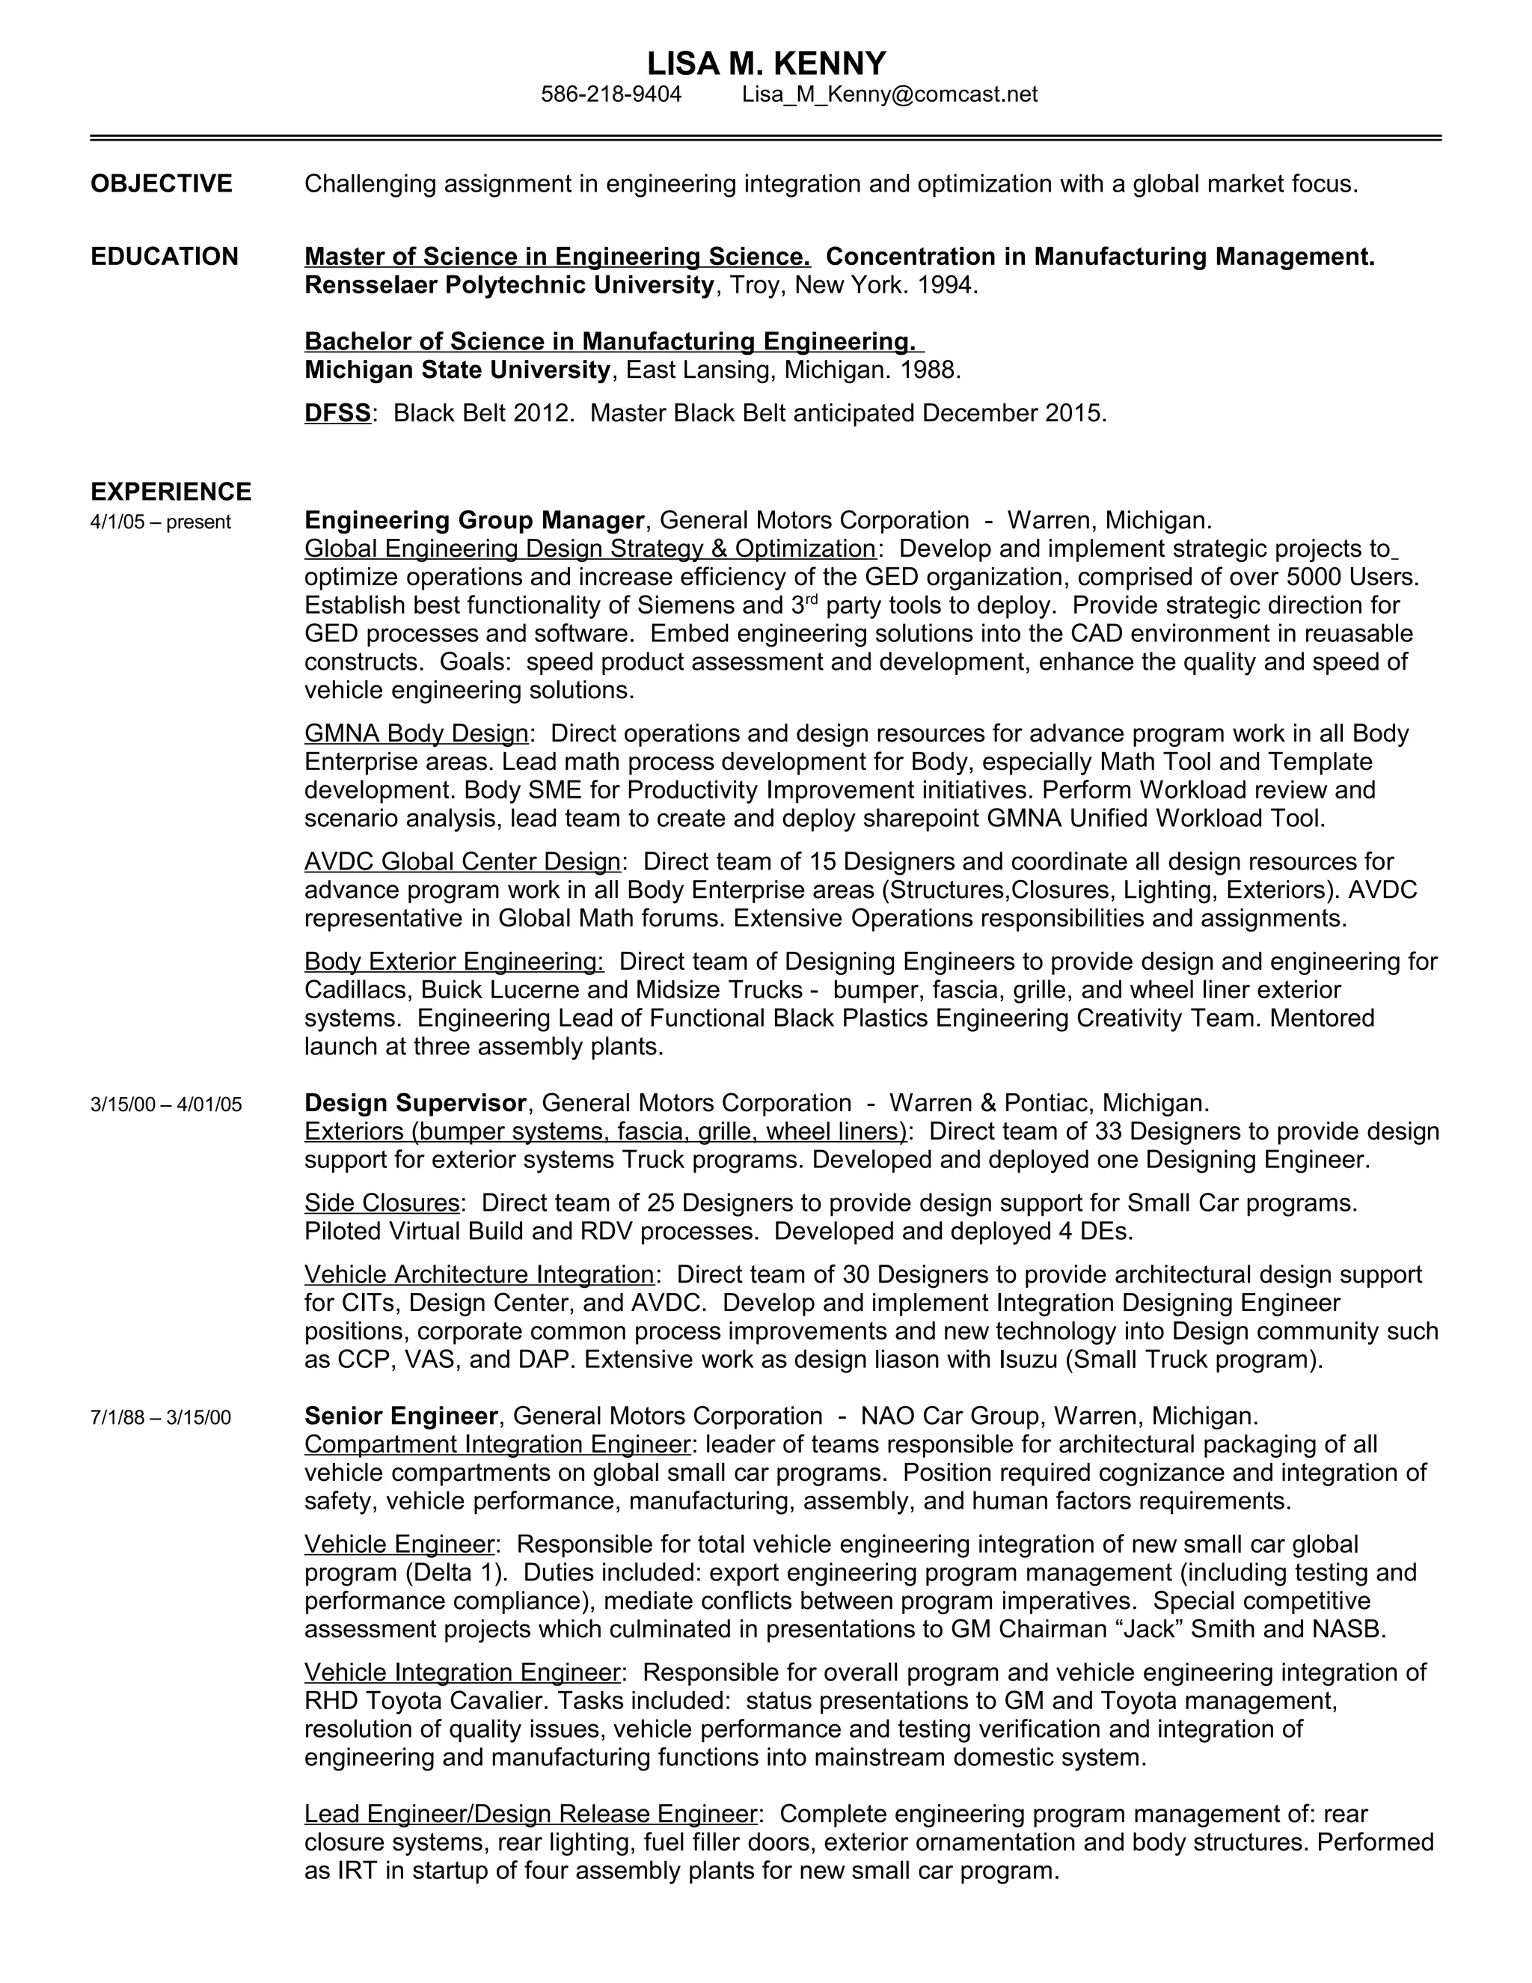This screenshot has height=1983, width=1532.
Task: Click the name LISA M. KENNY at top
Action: click(766, 64)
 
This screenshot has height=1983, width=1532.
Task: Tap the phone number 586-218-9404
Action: click(611, 94)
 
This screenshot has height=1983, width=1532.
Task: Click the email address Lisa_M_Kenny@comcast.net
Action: click(889, 94)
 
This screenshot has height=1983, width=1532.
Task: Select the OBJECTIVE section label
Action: click(161, 184)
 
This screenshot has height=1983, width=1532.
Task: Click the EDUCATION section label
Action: click(165, 257)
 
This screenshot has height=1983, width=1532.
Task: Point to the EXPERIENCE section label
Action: click(171, 492)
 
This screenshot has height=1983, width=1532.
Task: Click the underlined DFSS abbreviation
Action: click(337, 414)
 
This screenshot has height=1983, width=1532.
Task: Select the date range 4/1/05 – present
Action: click(161, 522)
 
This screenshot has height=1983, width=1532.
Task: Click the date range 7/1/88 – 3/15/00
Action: click(161, 1418)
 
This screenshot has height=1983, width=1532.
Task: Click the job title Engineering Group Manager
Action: click(474, 521)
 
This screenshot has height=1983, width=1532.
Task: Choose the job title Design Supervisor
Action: click(414, 1103)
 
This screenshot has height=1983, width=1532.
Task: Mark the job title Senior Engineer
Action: click(401, 1417)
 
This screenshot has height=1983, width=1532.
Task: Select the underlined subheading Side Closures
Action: click(382, 1203)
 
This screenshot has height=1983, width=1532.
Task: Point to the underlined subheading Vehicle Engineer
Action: click(399, 1544)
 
